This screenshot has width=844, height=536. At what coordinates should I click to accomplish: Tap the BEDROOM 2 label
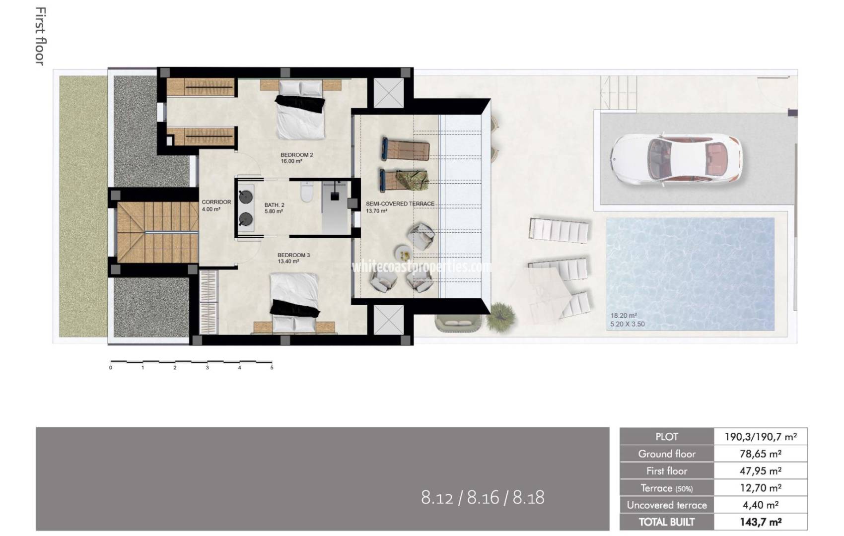point(296,155)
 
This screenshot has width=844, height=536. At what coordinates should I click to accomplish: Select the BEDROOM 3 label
point(293,256)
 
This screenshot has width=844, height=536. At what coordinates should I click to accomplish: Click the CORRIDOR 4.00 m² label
point(216,205)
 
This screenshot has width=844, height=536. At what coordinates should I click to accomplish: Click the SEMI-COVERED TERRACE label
point(400,204)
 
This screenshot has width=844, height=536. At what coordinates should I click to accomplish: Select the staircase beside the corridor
point(156,232)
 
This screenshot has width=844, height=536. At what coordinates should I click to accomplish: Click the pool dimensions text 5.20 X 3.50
point(628,325)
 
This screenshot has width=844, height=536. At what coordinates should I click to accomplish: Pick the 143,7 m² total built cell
point(760,522)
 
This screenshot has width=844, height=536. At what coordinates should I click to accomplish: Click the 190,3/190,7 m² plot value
point(760,437)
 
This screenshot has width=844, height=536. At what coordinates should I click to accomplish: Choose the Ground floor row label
point(666,454)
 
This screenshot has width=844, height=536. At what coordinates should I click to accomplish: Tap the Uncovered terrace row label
point(666,505)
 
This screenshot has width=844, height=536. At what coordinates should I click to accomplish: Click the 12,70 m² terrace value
point(760,488)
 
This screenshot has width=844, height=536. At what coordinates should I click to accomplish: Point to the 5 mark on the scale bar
point(272,368)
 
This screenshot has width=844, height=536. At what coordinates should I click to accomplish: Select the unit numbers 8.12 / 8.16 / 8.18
point(483,497)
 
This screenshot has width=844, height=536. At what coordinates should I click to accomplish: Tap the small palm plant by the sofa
point(500,316)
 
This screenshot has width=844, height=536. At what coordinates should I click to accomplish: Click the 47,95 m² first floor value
point(760,471)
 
